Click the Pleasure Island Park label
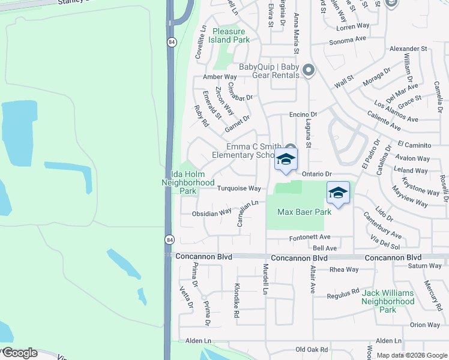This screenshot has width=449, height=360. (229, 35)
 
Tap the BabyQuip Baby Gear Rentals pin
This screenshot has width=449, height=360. (309, 71)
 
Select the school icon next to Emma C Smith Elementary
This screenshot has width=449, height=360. (286, 160)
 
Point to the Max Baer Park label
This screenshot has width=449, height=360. (304, 212)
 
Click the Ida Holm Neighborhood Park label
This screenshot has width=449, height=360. (188, 182)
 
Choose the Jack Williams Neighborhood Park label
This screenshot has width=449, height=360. (388, 301)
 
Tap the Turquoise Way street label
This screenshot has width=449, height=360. (239, 188)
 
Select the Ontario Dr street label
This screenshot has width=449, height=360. (317, 173)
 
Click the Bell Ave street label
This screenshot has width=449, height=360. (325, 248)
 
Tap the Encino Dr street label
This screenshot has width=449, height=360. (303, 114)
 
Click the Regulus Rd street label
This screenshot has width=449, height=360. (342, 293)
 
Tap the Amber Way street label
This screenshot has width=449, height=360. (220, 77)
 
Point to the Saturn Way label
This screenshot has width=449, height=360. (424, 266)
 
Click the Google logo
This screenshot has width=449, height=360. (19, 353)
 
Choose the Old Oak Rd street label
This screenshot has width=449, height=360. (312, 349)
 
